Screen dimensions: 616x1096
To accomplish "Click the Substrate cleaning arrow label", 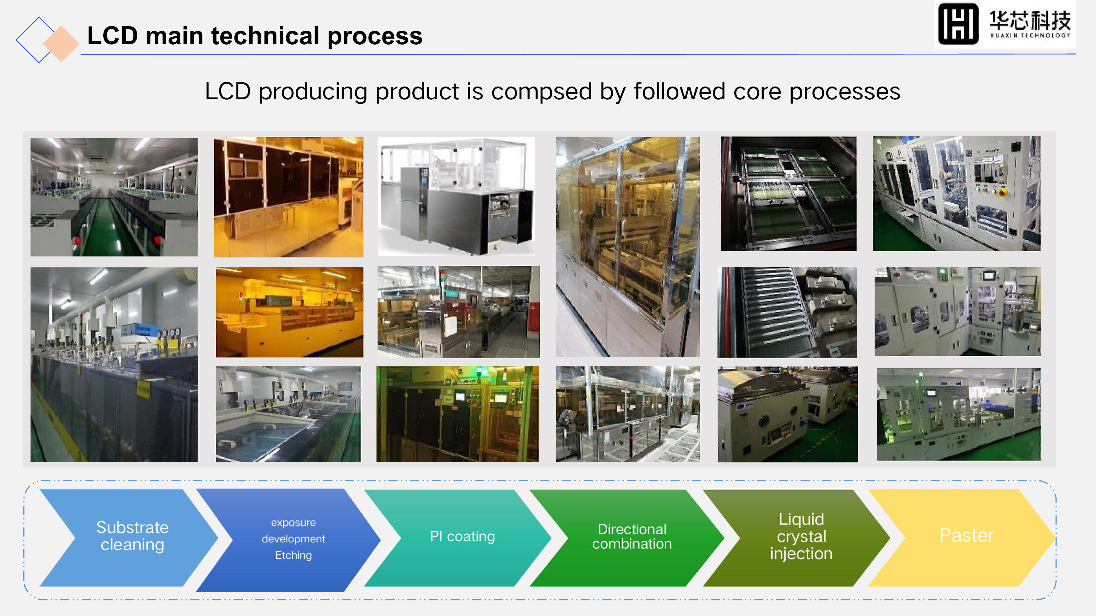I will click(x=132, y=536).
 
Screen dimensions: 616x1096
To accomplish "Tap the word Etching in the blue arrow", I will click(x=293, y=555).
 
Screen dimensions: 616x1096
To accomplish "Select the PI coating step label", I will click(x=463, y=537).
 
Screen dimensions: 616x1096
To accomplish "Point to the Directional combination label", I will click(x=632, y=537).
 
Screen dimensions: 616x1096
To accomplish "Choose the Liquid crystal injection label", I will click(x=801, y=537).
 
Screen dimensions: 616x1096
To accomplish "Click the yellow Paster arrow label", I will click(x=966, y=536).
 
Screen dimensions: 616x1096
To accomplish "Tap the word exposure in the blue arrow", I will click(x=293, y=522).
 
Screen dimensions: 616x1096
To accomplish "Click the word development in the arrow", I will click(x=293, y=539).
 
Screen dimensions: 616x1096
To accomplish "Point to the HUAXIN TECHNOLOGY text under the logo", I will click(x=1030, y=36).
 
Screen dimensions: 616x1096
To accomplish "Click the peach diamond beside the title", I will click(x=61, y=43).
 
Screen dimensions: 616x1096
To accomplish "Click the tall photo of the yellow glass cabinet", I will click(x=627, y=247).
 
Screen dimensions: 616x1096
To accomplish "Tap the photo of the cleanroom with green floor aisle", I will click(x=114, y=197).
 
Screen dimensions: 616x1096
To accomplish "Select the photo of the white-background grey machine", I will click(x=456, y=196).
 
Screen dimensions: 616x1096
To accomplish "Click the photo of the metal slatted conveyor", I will click(x=787, y=312).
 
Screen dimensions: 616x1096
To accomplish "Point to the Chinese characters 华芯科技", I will click(x=1030, y=20).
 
